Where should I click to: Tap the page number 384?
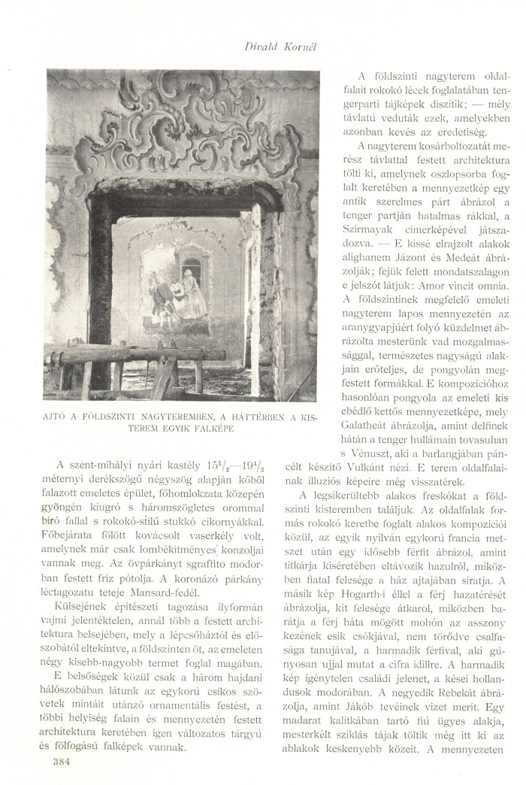tap(62, 762)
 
